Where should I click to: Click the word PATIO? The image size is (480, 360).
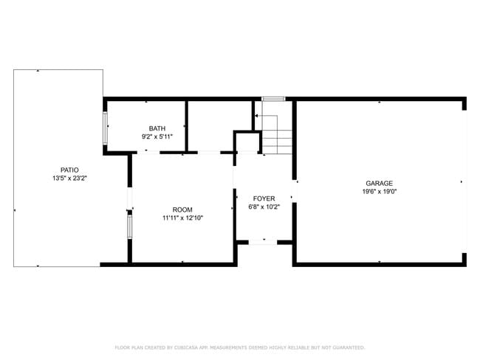pyautogui.click(x=59, y=170)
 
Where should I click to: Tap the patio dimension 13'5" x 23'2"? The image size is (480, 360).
pyautogui.click(x=59, y=179)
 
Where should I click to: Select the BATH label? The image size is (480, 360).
pyautogui.click(x=157, y=128)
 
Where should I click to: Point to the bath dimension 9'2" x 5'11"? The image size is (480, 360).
pyautogui.click(x=157, y=136)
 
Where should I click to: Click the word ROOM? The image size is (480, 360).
pyautogui.click(x=182, y=210)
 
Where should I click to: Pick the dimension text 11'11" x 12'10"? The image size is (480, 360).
pyautogui.click(x=182, y=218)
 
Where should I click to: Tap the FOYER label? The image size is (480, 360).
pyautogui.click(x=264, y=198)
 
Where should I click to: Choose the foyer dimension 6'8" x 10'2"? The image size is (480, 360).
pyautogui.click(x=264, y=207)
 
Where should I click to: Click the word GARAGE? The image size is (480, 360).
pyautogui.click(x=379, y=183)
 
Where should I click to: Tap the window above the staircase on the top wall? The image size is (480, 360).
pyautogui.click(x=273, y=98)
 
